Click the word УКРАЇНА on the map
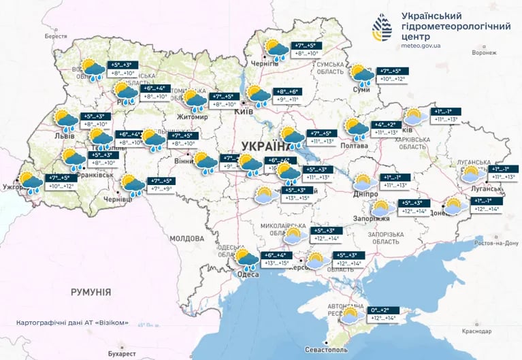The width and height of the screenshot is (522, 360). click(x=265, y=146)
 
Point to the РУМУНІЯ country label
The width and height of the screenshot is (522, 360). click(x=91, y=291)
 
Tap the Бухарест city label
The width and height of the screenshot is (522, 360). click(x=112, y=354)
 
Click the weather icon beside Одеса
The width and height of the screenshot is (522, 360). click(x=246, y=259)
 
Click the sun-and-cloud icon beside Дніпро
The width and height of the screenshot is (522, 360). click(x=363, y=182)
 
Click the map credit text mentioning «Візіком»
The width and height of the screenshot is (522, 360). click(x=74, y=323)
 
